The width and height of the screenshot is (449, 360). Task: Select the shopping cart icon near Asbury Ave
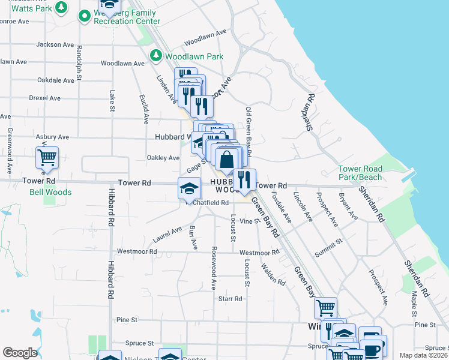(47, 158)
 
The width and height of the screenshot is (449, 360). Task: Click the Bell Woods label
(50, 193)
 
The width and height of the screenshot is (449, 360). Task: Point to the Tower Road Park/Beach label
(360, 173)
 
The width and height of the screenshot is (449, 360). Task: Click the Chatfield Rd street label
(211, 203)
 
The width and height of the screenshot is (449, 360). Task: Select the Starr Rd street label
(230, 298)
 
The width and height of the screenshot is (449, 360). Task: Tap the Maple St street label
(414, 305)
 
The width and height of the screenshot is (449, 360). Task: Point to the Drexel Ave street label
(46, 98)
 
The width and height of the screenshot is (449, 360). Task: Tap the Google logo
(20, 353)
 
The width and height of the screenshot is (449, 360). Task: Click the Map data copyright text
(423, 355)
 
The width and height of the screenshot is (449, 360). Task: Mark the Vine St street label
(249, 221)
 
